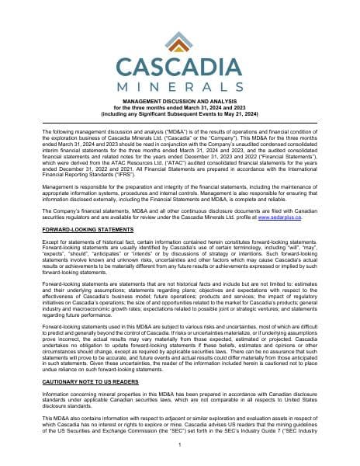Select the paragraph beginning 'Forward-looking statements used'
[x=180, y=338]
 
